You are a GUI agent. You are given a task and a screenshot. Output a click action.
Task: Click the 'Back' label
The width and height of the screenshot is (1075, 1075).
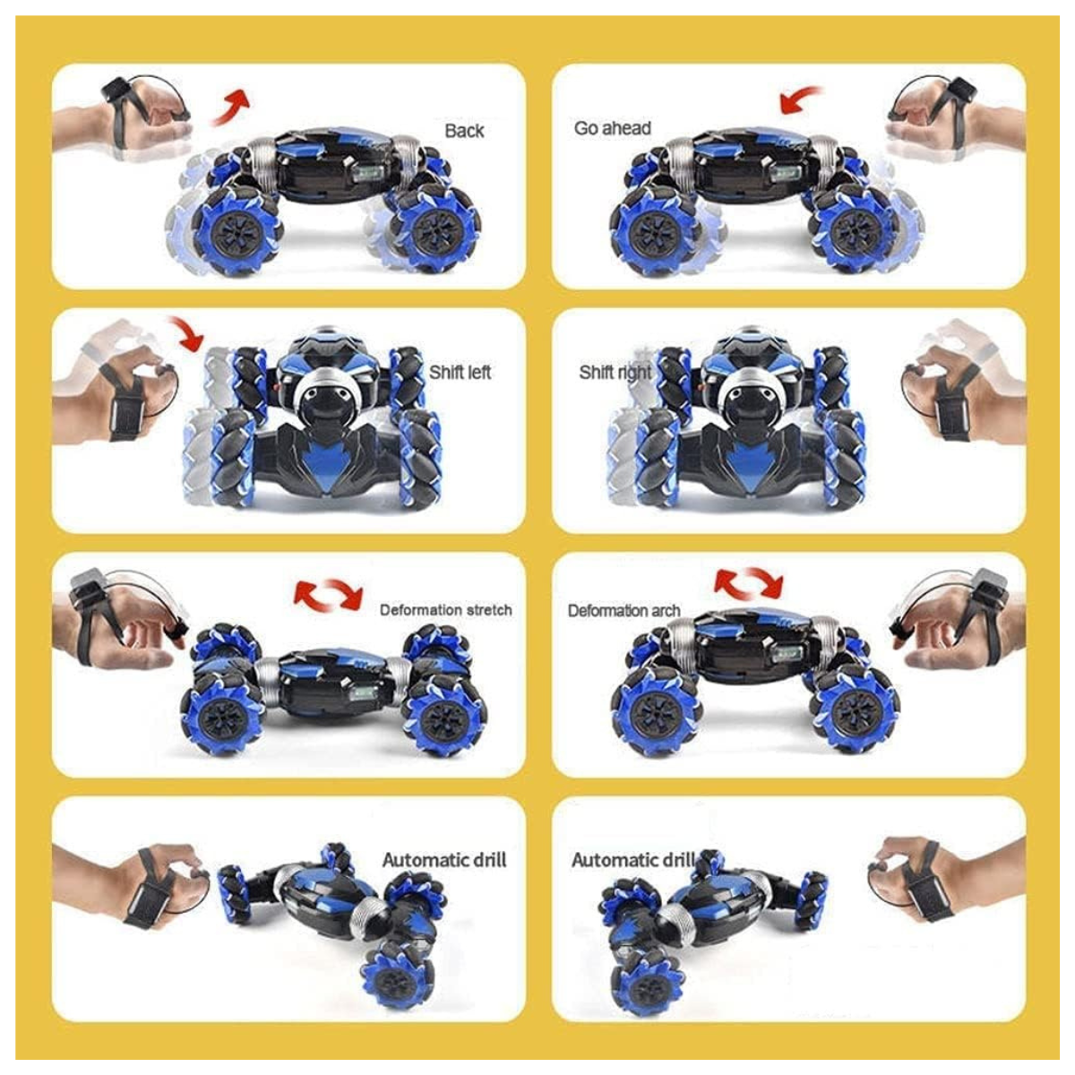point(464,131)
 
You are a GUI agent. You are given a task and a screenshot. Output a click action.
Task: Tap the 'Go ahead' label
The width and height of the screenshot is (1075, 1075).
point(613,128)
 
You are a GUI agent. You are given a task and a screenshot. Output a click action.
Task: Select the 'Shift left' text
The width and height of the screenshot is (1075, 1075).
point(460,372)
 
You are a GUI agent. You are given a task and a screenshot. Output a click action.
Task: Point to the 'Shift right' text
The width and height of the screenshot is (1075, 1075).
point(615,372)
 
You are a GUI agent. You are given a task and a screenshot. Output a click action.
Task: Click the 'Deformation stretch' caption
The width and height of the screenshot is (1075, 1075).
point(445,610)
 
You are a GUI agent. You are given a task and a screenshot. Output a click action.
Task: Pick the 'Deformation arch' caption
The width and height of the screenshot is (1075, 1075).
point(623,611)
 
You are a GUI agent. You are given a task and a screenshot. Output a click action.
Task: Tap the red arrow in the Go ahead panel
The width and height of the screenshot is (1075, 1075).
point(800,99)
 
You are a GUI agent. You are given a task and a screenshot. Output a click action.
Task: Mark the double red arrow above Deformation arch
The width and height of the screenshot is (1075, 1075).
point(748,582)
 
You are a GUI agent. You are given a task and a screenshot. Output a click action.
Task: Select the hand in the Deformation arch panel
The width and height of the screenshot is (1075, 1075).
point(941,627)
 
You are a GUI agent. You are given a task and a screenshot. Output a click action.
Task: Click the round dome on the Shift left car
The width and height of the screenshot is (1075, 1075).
point(319,394)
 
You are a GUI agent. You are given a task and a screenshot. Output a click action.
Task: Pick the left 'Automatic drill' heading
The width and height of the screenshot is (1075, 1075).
point(444,860)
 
